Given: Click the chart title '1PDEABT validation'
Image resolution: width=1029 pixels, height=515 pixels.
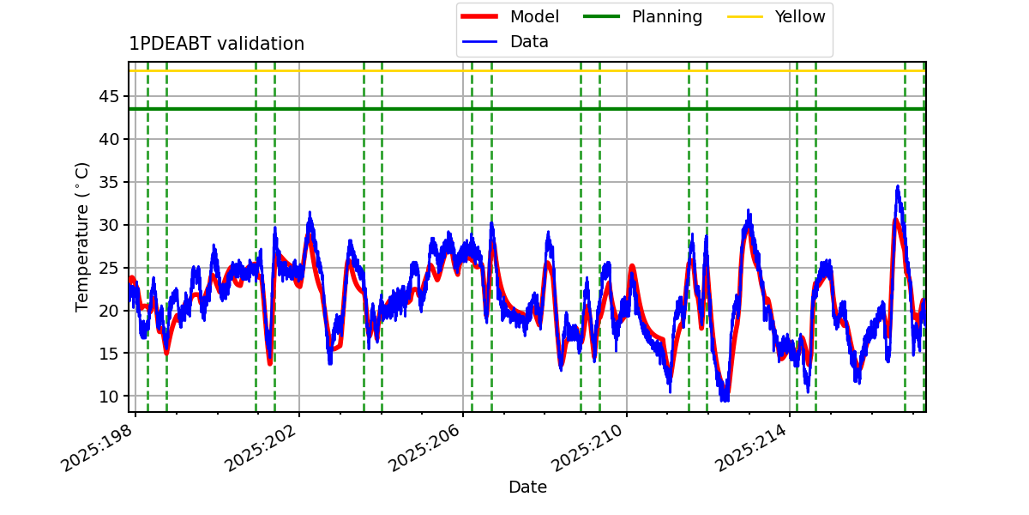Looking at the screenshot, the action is pyautogui.click(x=216, y=44).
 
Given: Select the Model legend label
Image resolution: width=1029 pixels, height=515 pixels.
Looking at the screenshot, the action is pyautogui.click(x=534, y=16).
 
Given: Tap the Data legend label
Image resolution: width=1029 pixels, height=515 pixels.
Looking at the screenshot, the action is pyautogui.click(x=529, y=42).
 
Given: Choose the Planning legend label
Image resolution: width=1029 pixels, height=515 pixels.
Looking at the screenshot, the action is pyautogui.click(x=667, y=17).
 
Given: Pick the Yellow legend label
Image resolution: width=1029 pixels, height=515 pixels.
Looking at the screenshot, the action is pyautogui.click(x=800, y=16).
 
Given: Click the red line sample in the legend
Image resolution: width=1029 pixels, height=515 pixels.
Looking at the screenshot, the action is pyautogui.click(x=479, y=16).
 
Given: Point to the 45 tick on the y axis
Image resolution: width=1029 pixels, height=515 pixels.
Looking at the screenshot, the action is pyautogui.click(x=109, y=96).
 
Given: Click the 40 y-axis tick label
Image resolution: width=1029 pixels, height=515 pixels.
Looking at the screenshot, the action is pyautogui.click(x=109, y=139).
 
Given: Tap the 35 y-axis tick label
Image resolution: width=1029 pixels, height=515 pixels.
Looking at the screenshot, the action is pyautogui.click(x=109, y=182).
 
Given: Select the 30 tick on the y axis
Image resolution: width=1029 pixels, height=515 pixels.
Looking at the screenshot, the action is pyautogui.click(x=109, y=225).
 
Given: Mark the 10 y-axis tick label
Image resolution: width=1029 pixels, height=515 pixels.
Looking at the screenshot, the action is pyautogui.click(x=109, y=396).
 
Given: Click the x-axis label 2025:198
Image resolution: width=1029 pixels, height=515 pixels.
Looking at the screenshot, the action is pyautogui.click(x=99, y=447).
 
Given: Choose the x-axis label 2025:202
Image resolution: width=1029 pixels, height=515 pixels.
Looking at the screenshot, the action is pyautogui.click(x=262, y=447).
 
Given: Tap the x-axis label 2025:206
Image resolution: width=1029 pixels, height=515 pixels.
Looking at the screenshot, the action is pyautogui.click(x=426, y=447).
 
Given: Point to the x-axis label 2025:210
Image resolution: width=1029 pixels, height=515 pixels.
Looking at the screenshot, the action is pyautogui.click(x=589, y=447).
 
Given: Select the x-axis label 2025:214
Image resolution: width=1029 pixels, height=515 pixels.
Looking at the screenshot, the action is pyautogui.click(x=753, y=447).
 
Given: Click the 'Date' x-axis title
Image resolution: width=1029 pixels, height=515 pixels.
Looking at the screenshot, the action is pyautogui.click(x=527, y=487).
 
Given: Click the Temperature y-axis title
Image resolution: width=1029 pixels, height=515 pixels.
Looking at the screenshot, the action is pyautogui.click(x=81, y=237).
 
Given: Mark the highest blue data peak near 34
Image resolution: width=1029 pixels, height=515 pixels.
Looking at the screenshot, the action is pyautogui.click(x=898, y=186).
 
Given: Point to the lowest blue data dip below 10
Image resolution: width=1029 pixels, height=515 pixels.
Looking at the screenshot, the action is pyautogui.click(x=725, y=401).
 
